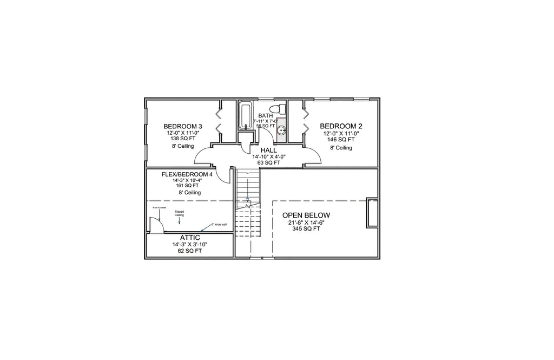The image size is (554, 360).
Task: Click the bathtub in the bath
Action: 246,115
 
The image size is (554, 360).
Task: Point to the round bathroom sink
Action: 281,130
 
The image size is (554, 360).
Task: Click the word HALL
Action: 268,150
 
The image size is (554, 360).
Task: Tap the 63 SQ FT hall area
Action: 268,162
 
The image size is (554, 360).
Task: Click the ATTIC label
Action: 189,238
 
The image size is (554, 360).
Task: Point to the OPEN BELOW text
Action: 306,215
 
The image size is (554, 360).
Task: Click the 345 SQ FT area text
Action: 306,228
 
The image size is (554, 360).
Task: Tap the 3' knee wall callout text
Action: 219,224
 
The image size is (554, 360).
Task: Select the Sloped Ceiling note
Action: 179,213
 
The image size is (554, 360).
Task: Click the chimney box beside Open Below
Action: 372,213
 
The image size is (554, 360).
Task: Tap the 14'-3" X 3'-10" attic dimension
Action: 189,245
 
